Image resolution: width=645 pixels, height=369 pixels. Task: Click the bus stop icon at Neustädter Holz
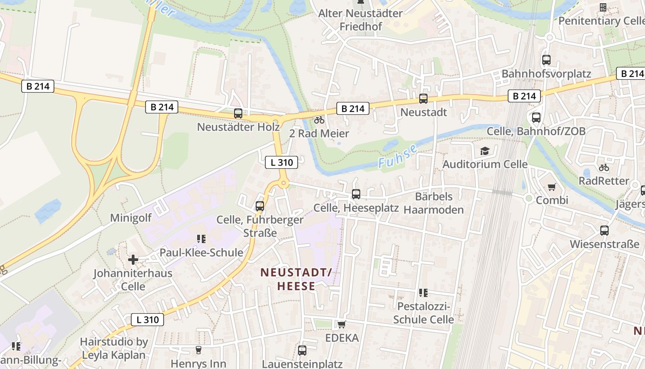[238, 113]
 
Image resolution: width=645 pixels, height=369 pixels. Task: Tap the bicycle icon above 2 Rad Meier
[319, 120]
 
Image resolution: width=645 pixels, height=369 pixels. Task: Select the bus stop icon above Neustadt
[423, 99]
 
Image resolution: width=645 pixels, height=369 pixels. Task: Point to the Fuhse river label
[398, 156]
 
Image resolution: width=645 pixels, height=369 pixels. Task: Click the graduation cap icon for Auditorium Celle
[485, 151]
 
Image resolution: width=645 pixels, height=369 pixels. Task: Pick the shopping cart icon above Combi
[551, 187]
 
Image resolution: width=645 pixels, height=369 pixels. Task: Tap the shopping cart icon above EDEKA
[341, 325]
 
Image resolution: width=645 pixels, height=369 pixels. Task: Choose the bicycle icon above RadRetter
[604, 167]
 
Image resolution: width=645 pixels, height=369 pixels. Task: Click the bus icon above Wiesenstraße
[604, 231]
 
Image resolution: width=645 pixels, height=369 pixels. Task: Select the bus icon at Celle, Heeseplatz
[356, 194]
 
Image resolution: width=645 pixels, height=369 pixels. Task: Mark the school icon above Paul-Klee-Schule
[201, 239]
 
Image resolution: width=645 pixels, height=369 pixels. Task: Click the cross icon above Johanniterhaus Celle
[133, 260]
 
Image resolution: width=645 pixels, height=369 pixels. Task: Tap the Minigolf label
[131, 218]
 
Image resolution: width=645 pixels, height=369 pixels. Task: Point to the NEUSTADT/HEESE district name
[296, 279]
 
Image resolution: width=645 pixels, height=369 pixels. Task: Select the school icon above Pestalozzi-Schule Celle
[423, 293]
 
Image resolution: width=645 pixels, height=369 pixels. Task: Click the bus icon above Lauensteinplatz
[302, 351]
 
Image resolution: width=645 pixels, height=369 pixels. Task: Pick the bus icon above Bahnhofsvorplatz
[546, 60]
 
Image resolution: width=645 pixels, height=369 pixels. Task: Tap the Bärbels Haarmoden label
[434, 203]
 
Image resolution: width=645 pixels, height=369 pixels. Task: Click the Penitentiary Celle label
[601, 21]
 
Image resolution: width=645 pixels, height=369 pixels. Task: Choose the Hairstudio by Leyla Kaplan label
[113, 348]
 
